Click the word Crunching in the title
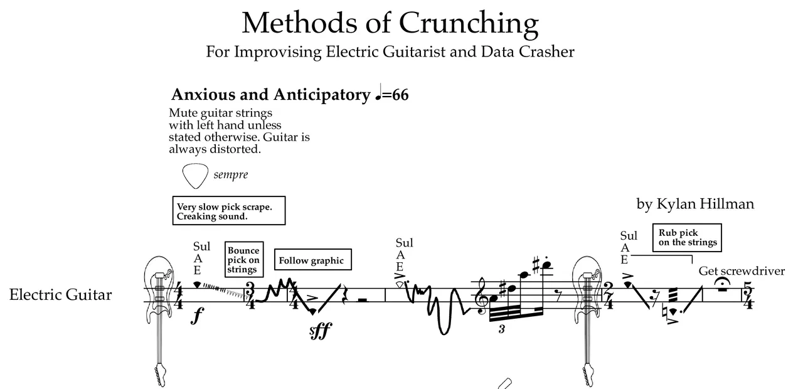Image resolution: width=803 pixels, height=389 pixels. pos(468,23)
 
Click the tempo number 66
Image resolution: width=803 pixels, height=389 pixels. pos(400,95)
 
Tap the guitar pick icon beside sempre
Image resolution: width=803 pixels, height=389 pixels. pos(194,176)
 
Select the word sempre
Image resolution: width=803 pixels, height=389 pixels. pos(230,175)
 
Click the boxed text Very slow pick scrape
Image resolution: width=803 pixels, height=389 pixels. pos(229,211)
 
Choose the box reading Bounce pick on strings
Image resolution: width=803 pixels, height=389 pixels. pos(243,260)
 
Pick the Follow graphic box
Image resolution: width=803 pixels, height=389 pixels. pos(312,260)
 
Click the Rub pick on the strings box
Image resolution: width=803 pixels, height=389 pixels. pos(687,238)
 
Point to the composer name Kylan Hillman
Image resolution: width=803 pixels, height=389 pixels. pos(695,204)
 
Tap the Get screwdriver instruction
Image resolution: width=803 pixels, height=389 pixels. pos(742,271)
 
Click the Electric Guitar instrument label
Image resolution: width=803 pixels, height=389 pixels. pos(60,295)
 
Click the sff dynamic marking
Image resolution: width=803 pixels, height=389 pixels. pos(321,331)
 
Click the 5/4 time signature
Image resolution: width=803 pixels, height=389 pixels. pos(747,296)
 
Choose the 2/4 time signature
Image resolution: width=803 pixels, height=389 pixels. pos(608,296)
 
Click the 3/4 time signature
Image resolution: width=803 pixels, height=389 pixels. pos(249,296)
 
